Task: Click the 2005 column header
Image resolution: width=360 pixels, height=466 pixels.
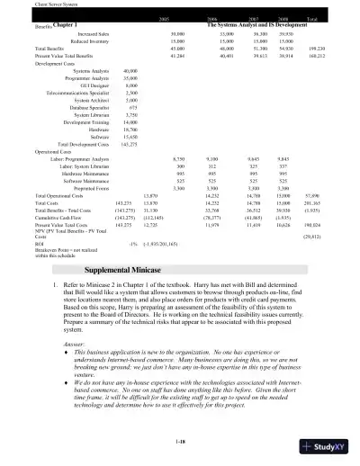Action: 165,18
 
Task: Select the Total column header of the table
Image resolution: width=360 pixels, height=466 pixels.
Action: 311,18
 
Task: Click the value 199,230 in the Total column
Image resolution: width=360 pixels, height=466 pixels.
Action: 314,49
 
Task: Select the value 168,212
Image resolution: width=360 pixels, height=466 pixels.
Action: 314,56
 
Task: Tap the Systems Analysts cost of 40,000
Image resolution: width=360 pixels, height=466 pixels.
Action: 130,70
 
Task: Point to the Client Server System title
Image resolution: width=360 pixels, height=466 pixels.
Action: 28,4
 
